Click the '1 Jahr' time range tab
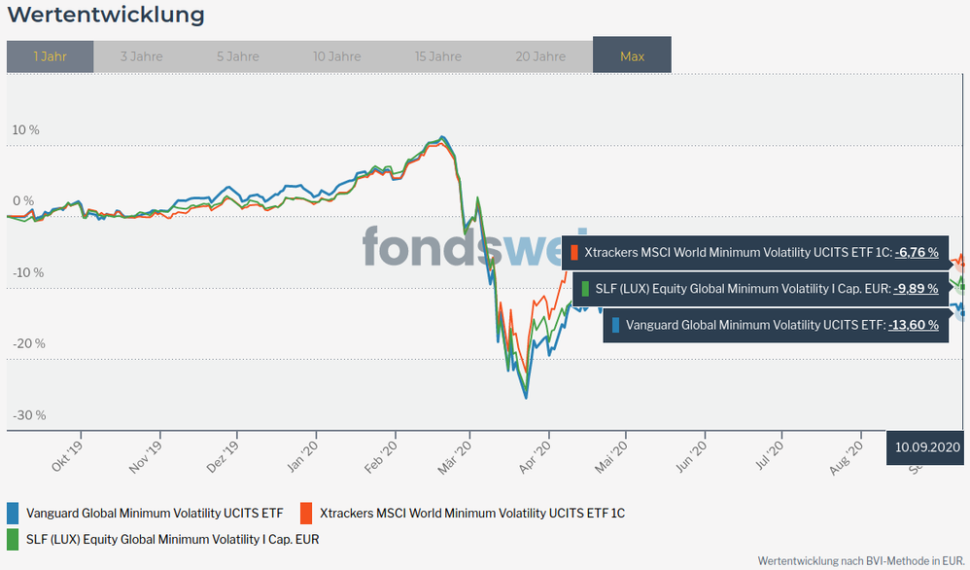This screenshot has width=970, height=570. [50, 56]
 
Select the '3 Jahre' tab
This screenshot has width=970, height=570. [142, 56]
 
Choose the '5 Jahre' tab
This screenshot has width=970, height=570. [238, 56]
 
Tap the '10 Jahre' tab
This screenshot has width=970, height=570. [337, 56]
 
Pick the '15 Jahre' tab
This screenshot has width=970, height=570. [437, 56]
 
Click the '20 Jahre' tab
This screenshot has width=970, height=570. [540, 56]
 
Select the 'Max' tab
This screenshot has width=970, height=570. [632, 56]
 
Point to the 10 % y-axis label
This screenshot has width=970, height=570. [26, 129]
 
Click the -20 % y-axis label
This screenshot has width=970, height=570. [28, 343]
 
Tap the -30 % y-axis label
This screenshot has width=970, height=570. [28, 415]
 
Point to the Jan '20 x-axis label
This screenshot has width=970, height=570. [302, 456]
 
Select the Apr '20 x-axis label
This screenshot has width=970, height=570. [537, 456]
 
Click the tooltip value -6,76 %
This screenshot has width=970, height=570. [917, 253]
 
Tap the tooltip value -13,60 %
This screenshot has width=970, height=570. [915, 325]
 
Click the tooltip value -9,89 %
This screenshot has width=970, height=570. [917, 289]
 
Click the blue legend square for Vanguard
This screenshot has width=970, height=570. [13, 513]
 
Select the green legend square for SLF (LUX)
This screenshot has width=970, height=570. [13, 539]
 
